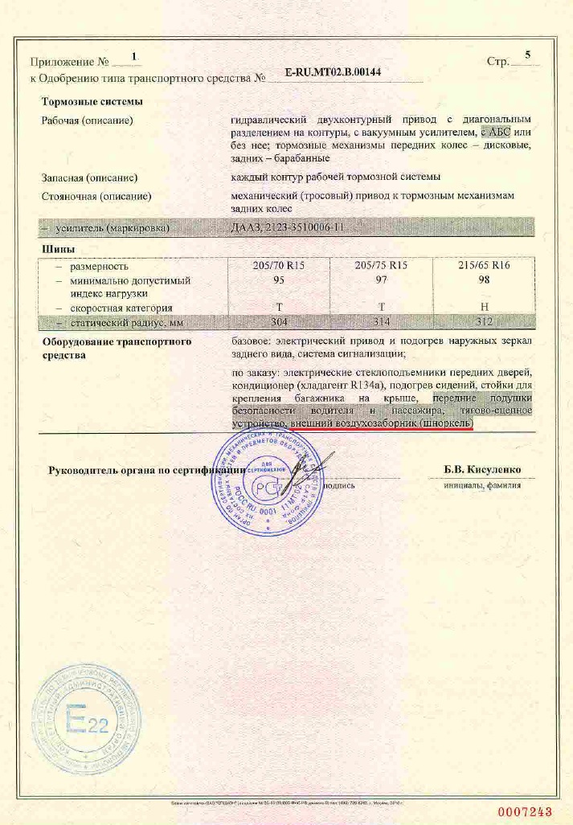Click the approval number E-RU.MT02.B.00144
(x=333, y=72)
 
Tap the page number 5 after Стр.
(x=528, y=55)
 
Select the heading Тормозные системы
(x=92, y=102)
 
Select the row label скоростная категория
(x=121, y=308)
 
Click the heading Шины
(x=54, y=250)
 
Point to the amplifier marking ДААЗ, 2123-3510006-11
(x=287, y=228)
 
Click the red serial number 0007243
(x=524, y=811)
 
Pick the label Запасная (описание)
(x=89, y=177)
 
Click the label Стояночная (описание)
(x=96, y=195)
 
